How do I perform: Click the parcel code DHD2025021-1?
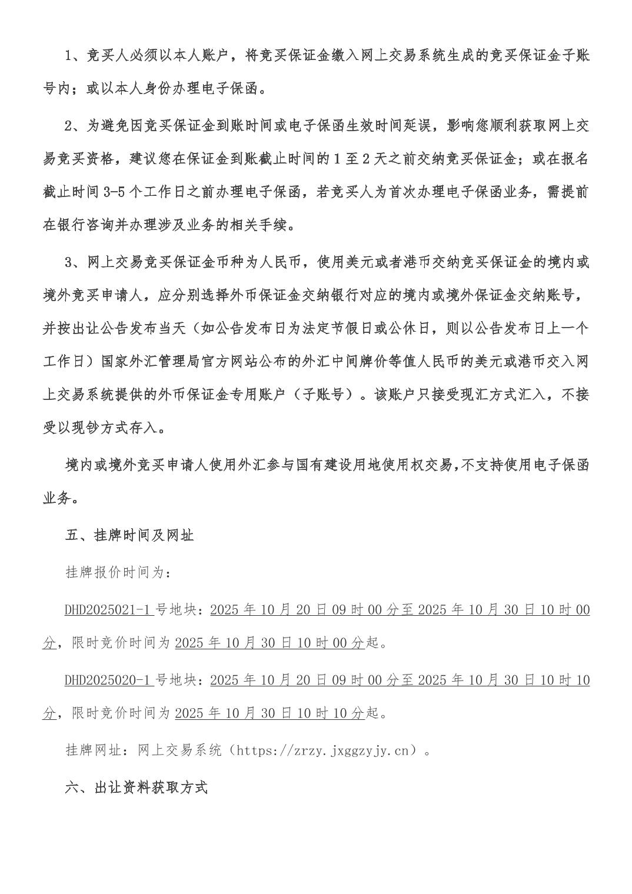coord(109,610)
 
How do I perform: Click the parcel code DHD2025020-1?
coord(109,680)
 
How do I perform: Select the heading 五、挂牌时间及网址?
coord(129,536)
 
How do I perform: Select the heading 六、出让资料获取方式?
coord(136,788)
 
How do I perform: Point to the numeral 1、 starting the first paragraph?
coord(75,56)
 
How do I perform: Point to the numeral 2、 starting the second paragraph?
coord(75,125)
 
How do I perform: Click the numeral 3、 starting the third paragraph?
coord(75,262)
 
